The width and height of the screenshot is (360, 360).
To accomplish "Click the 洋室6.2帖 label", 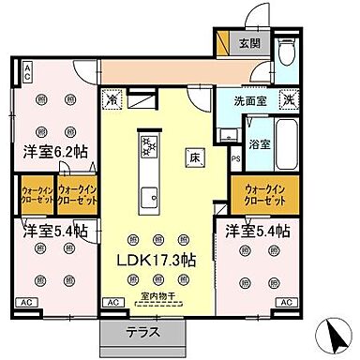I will [51, 150].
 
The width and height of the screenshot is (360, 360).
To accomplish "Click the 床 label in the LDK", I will [189, 156].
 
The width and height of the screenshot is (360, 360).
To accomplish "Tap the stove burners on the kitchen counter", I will [148, 145].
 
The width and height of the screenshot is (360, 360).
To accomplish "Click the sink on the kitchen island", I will [148, 196].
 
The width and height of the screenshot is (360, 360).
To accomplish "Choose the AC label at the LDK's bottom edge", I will [112, 302].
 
